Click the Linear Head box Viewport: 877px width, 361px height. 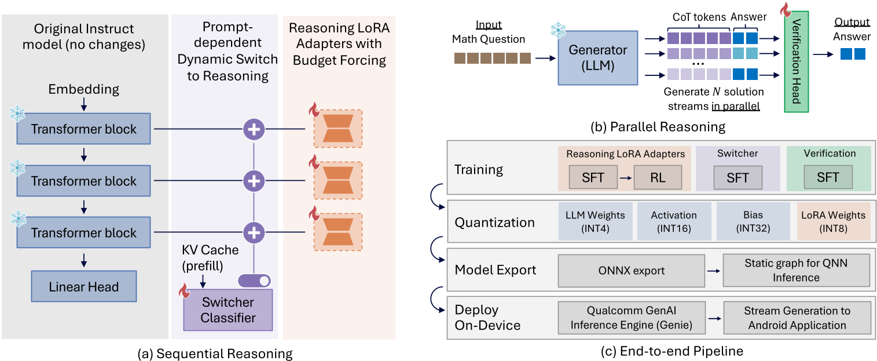84,286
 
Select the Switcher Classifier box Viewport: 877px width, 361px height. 227,310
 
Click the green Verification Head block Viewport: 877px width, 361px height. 795,64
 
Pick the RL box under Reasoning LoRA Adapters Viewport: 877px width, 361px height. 657,178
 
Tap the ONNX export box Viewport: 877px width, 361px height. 631,270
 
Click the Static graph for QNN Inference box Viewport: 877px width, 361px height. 796,270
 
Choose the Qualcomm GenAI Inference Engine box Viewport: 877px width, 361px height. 631,318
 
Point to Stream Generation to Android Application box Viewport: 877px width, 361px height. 797,318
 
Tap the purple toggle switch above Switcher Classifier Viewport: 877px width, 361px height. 254,280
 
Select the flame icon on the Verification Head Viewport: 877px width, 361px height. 786,10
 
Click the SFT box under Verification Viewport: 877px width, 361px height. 828,178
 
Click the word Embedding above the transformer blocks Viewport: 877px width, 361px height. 83,89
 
